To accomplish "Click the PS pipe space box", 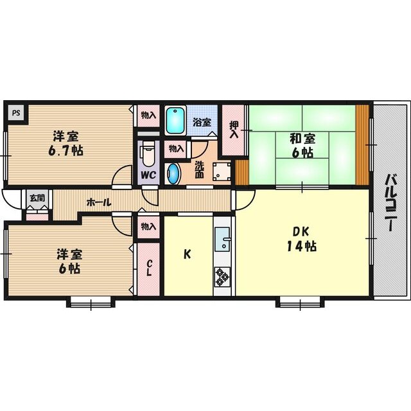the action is pyautogui.click(x=16, y=113).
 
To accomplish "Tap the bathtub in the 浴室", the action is pyautogui.click(x=175, y=121).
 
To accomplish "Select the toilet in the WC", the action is pyautogui.click(x=148, y=156).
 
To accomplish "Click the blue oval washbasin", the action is pyautogui.click(x=173, y=173).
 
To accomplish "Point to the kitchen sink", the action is pyautogui.click(x=222, y=239).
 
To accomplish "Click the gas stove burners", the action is pyautogui.click(x=222, y=277).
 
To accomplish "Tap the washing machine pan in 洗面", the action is pyautogui.click(x=222, y=171).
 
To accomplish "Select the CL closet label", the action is pyautogui.click(x=148, y=268).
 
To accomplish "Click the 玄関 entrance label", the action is pyautogui.click(x=37, y=198).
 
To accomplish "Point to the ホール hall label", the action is pyautogui.click(x=98, y=202).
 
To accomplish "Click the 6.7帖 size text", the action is pyautogui.click(x=66, y=151).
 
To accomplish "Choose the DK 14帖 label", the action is pyautogui.click(x=301, y=239).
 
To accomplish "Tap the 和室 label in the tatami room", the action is pyautogui.click(x=302, y=139).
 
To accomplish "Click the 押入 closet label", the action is pyautogui.click(x=234, y=130).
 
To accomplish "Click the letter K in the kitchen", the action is pyautogui.click(x=187, y=254).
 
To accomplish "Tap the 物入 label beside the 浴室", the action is pyautogui.click(x=148, y=115).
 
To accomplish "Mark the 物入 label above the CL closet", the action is pyautogui.click(x=148, y=227).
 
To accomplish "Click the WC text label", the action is pyautogui.click(x=148, y=175).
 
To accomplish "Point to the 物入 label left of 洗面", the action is pyautogui.click(x=176, y=149).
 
